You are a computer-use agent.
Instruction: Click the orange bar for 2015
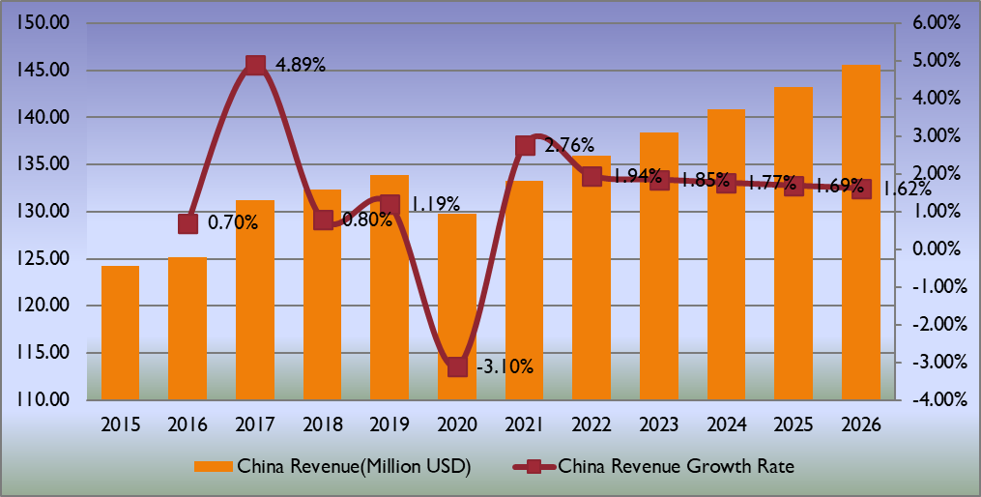click(120, 333)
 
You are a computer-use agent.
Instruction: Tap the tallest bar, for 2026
click(861, 232)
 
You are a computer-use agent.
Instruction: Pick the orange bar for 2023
click(659, 266)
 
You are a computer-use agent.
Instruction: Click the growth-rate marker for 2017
click(255, 65)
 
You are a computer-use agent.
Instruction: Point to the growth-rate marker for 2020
click(457, 366)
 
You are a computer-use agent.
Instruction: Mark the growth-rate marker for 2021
click(525, 145)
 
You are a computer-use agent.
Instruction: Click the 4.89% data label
click(301, 66)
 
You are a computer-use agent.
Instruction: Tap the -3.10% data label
click(506, 366)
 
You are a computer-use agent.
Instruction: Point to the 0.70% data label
click(233, 223)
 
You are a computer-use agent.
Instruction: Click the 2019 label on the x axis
click(390, 424)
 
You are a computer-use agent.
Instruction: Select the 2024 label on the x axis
click(727, 424)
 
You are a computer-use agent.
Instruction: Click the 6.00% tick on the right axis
click(930, 23)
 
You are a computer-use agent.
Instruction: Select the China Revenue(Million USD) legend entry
click(333, 466)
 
